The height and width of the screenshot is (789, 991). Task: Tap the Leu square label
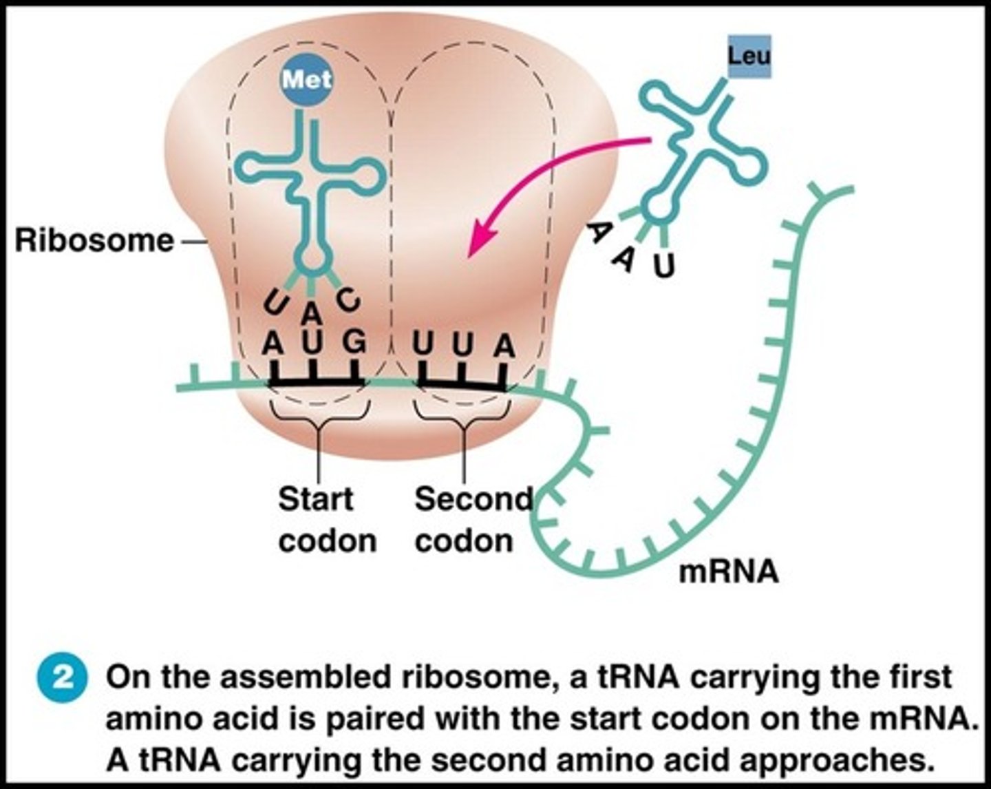[749, 56]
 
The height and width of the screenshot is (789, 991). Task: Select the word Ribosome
[94, 241]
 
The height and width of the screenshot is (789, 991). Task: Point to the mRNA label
[728, 571]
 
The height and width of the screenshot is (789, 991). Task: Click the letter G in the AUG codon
[354, 343]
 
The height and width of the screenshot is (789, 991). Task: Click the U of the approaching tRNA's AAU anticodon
[663, 266]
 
